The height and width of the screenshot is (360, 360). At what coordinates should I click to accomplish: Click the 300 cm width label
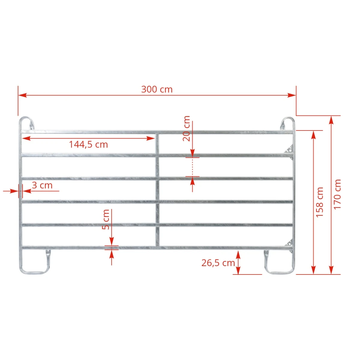point(157,89)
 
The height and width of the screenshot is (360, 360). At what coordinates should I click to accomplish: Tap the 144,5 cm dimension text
point(88,145)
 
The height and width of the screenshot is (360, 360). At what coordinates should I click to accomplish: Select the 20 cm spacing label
point(186,128)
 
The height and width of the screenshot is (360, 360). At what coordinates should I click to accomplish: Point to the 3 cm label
point(42,185)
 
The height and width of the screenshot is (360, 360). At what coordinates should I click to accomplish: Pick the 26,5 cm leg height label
point(218,263)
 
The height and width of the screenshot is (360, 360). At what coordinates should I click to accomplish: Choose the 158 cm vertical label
point(319,202)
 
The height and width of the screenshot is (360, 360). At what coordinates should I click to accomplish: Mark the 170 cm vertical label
point(337,194)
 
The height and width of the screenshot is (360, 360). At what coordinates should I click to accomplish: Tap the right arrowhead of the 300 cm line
point(292,95)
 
